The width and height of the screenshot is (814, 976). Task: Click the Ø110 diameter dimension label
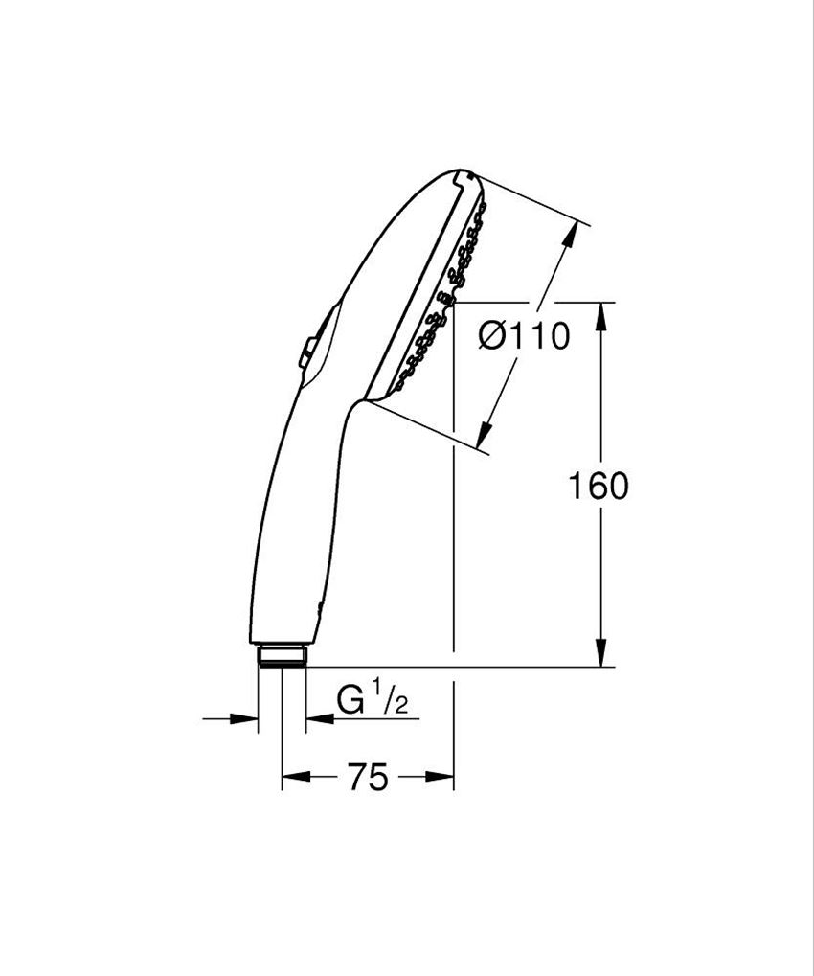tap(523, 336)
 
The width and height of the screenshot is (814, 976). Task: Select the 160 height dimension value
tap(599, 487)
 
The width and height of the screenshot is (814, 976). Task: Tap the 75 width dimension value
tap(368, 778)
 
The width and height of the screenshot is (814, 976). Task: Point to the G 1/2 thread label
tap(373, 702)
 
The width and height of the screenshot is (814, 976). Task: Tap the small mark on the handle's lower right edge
tap(320, 607)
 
